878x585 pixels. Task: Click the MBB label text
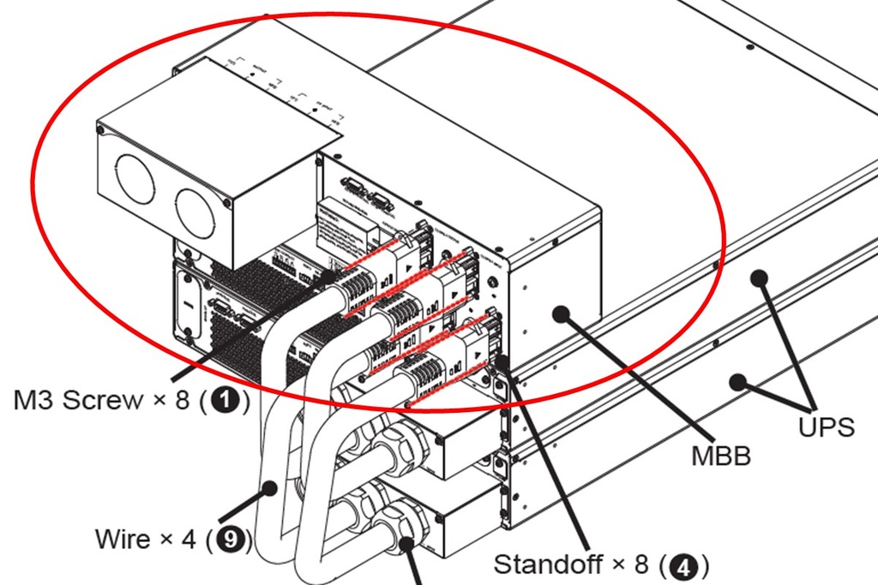pyautogui.click(x=721, y=455)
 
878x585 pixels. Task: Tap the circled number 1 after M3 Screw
pyautogui.click(x=226, y=399)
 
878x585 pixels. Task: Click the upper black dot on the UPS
pyautogui.click(x=758, y=278)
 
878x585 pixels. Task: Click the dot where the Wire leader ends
pyautogui.click(x=271, y=489)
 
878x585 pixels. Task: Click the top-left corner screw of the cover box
pyautogui.click(x=101, y=131)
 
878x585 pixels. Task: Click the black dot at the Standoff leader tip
pyautogui.click(x=502, y=364)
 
